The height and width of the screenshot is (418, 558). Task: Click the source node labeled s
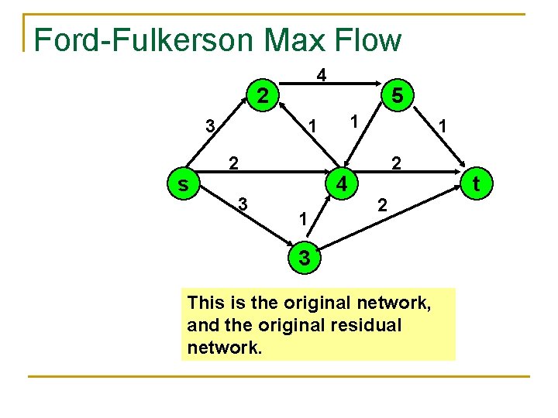183,185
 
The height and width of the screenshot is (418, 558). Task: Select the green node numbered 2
263,96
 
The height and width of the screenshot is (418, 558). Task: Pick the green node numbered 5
396,96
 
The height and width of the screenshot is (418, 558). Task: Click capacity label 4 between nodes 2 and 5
321,76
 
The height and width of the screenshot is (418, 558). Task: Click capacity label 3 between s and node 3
243,204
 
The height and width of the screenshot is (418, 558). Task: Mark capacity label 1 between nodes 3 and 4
303,221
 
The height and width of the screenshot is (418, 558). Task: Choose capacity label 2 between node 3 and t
381,206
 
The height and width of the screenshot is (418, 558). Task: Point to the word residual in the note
365,325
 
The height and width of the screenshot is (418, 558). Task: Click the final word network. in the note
225,348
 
